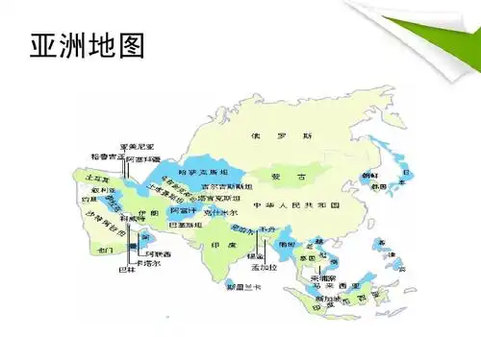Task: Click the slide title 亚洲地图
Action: [x=86, y=45]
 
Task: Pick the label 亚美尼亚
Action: [x=138, y=146]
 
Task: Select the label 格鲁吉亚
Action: [x=108, y=156]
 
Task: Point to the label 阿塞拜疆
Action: [x=143, y=157]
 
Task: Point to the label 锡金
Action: [x=255, y=256]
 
